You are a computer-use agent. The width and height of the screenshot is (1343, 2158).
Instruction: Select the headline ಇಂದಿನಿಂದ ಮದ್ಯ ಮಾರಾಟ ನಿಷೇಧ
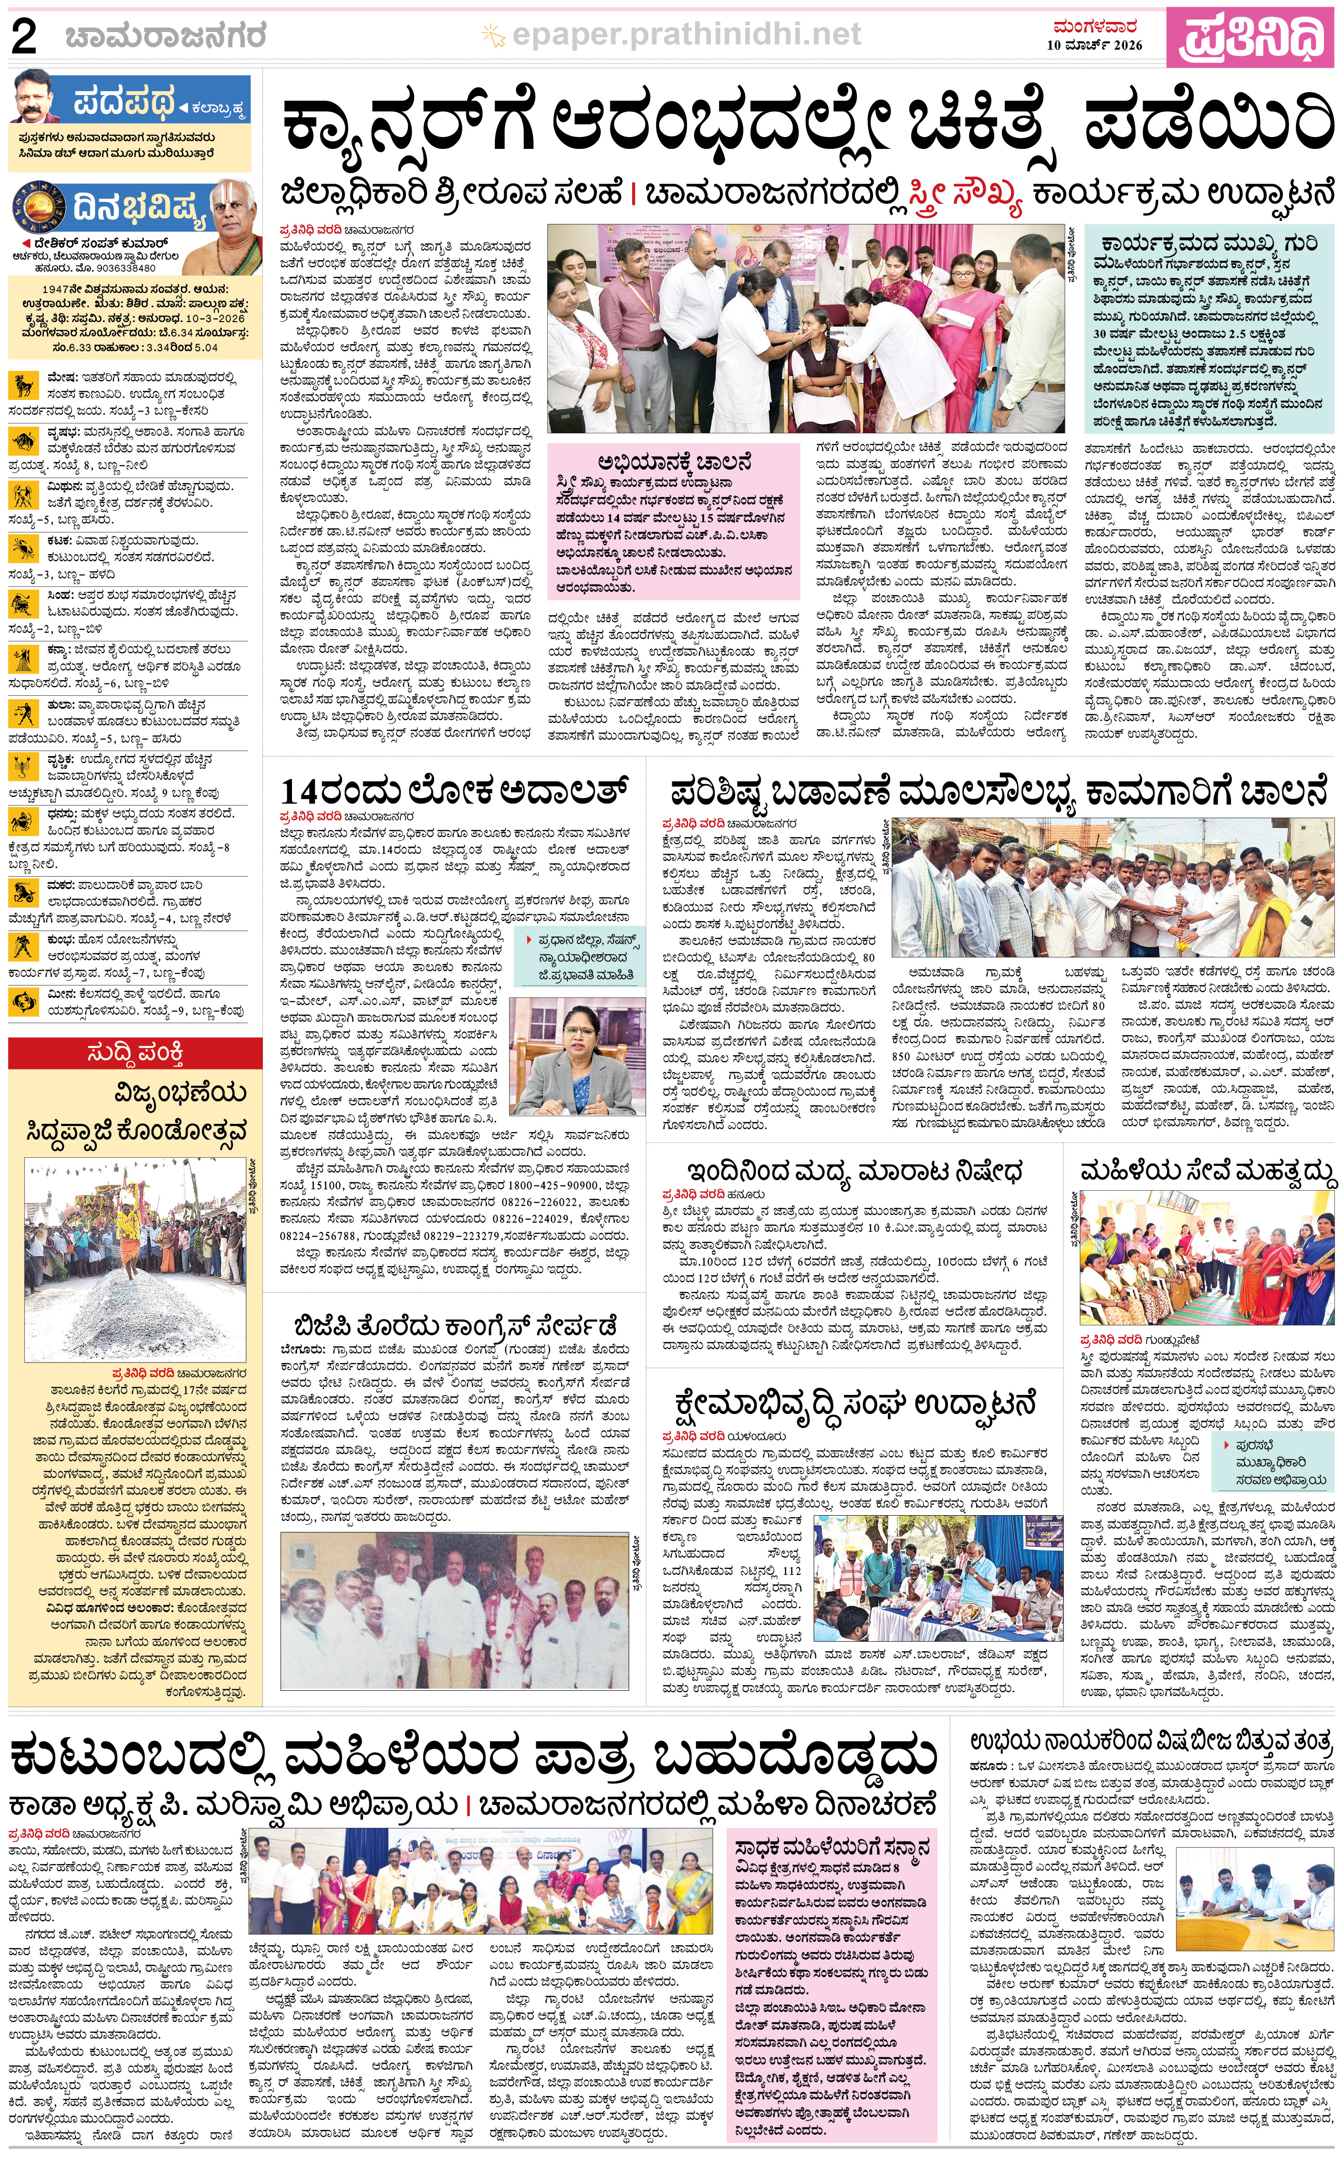(854, 1170)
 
